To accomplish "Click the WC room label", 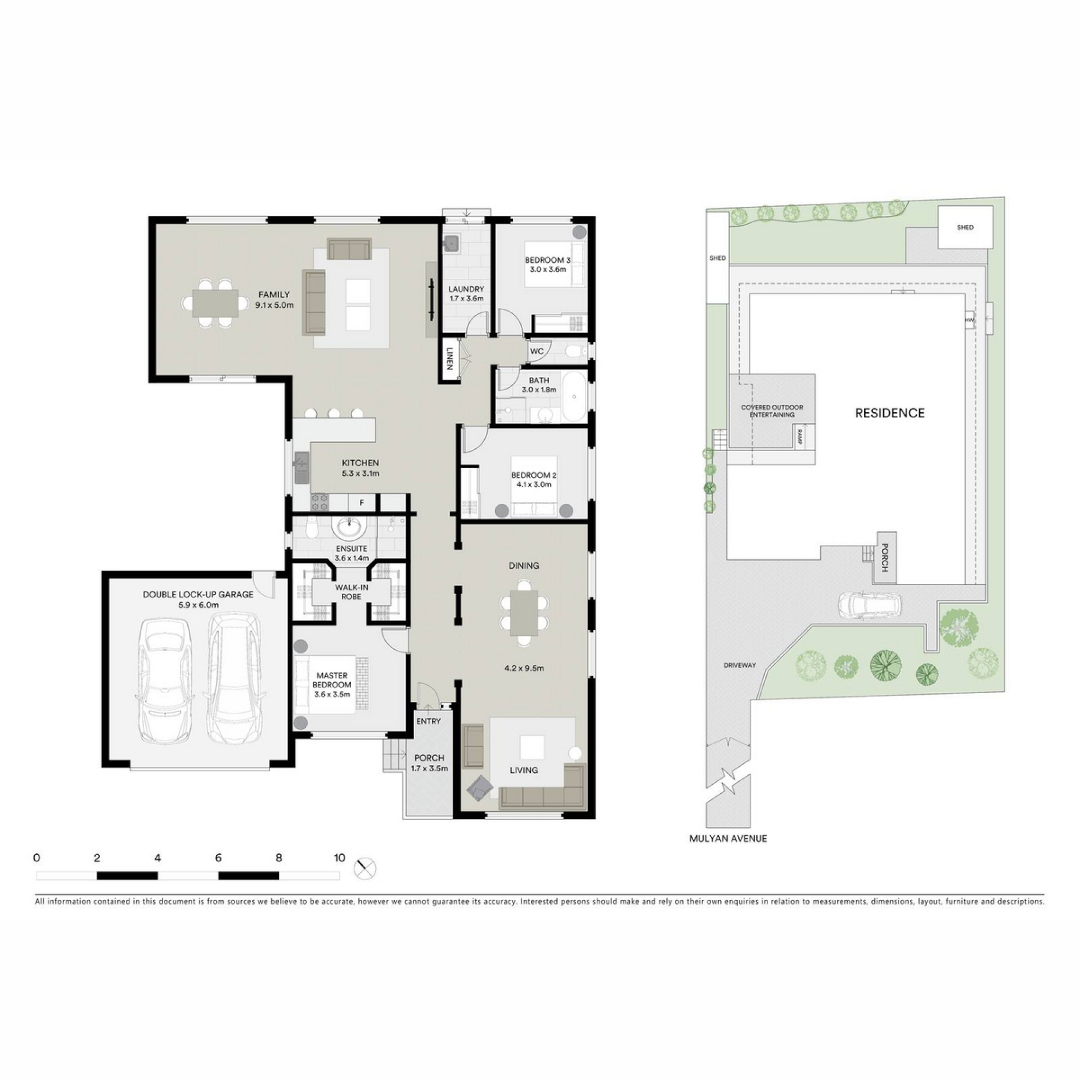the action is point(537,352).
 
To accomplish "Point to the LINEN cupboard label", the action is point(449,359).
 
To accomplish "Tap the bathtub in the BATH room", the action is point(574,397).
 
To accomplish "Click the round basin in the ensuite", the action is point(350,528).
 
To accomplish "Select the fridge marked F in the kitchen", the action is point(362,503).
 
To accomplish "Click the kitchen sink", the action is point(301,467).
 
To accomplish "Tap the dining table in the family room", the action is point(215,303).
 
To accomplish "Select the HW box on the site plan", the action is point(969,320).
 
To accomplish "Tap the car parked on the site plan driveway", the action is point(869,605).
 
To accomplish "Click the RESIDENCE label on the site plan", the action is point(890,413).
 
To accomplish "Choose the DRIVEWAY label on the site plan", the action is point(740,665).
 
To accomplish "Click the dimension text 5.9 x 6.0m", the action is point(199,605).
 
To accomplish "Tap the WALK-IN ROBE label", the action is point(352,592).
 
